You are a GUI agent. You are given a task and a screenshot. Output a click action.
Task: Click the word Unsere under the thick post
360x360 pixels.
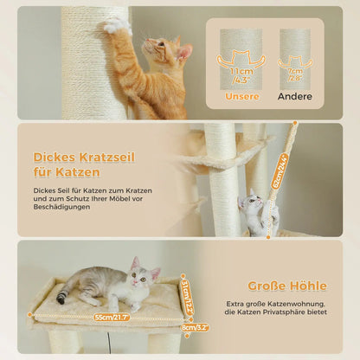click(x=241, y=96)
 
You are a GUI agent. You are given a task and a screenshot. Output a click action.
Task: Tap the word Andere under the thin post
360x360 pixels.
click(x=294, y=96)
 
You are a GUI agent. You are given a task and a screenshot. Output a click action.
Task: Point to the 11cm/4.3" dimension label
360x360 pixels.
click(x=241, y=76)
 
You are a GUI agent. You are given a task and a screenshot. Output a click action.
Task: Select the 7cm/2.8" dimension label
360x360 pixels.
click(x=294, y=76)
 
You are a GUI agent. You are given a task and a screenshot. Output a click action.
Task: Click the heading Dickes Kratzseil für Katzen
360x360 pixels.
click(x=72, y=164)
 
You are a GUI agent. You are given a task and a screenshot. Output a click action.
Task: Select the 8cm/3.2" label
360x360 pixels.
click(x=195, y=327)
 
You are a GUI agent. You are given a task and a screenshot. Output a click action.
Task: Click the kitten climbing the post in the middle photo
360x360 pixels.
click(x=254, y=213)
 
